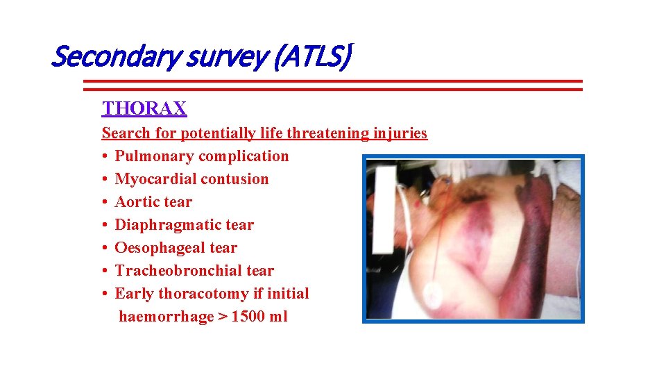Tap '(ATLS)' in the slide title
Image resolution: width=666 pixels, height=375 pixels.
[312, 57]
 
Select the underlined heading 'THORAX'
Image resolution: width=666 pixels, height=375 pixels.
[144, 108]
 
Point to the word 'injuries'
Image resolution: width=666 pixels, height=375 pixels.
[400, 133]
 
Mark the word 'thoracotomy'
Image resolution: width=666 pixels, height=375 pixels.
[203, 294]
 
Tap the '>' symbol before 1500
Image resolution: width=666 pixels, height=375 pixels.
[223, 317]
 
